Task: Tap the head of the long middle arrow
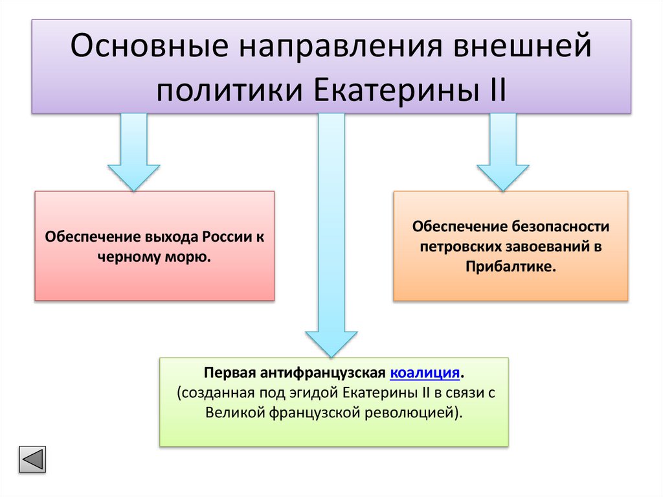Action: pyautogui.click(x=331, y=343)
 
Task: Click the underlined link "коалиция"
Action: pyautogui.click(x=425, y=374)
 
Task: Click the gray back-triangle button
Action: pyautogui.click(x=32, y=459)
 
